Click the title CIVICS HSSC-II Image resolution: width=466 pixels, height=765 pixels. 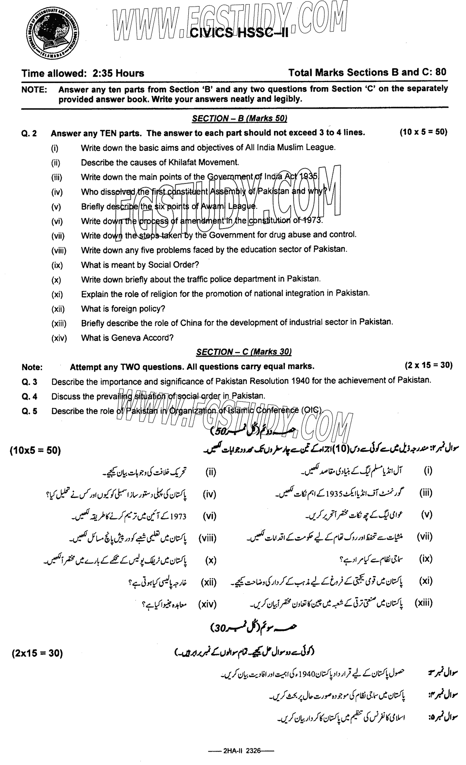coord(239,34)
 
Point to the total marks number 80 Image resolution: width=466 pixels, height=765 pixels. coord(440,72)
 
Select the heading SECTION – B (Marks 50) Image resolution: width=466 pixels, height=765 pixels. coord(239,118)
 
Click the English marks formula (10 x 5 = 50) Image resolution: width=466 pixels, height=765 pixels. coord(423,132)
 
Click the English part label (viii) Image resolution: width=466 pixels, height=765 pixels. coord(59,251)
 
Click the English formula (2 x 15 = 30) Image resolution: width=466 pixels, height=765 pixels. coord(428,366)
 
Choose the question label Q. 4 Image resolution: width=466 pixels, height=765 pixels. coord(29,397)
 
